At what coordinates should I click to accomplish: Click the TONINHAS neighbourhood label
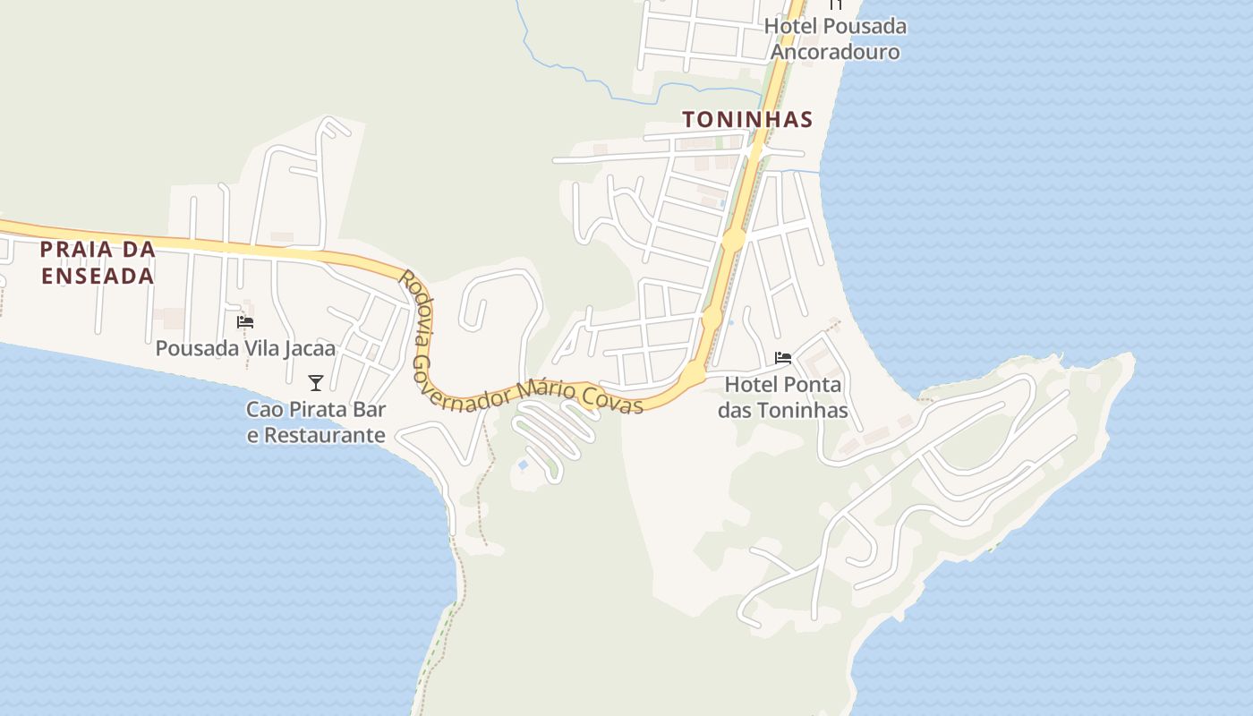point(747,119)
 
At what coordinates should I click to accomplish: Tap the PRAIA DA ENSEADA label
point(98,262)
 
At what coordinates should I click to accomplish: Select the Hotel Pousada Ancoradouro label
point(835,39)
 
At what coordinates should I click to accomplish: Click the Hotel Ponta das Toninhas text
point(783,397)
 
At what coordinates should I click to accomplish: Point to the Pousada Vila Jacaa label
point(245,348)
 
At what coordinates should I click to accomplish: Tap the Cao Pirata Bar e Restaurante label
point(316,422)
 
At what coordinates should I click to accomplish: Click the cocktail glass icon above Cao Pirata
point(316,383)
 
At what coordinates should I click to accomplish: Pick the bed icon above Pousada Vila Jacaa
point(245,322)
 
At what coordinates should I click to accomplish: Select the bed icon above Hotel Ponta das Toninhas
point(783,358)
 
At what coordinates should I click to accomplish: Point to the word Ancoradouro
point(835,52)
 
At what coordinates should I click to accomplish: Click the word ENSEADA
point(98,276)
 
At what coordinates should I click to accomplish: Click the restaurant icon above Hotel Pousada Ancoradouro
point(835,4)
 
